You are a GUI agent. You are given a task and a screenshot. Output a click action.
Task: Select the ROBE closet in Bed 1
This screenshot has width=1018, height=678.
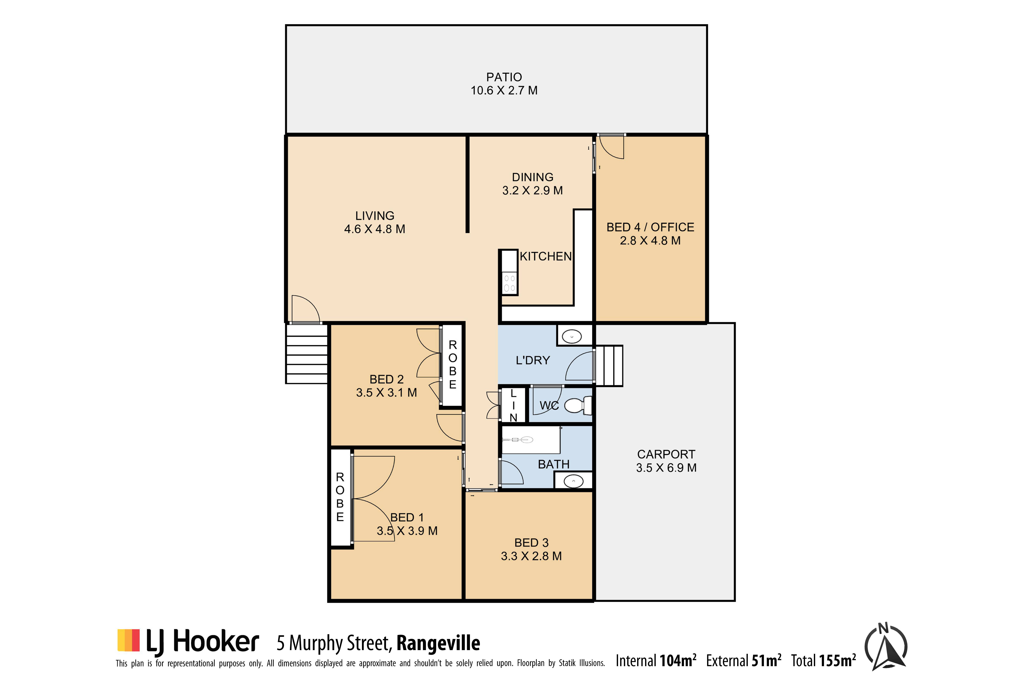(x=341, y=497)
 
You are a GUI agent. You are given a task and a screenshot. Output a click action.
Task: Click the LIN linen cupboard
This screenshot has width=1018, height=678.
(x=513, y=405)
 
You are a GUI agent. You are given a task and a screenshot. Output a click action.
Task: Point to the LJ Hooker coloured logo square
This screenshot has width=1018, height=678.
(x=128, y=640)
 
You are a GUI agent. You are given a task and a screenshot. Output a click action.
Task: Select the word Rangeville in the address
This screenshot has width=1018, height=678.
(x=438, y=643)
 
